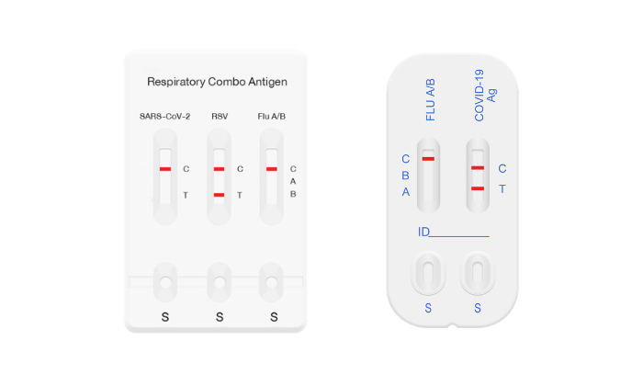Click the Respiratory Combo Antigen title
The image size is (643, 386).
[217, 82]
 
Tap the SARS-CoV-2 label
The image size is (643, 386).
[164, 117]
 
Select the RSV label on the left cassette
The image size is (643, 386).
[220, 117]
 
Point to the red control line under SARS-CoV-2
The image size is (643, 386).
[165, 169]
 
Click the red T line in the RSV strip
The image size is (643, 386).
[219, 195]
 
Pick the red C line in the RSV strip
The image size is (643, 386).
[219, 169]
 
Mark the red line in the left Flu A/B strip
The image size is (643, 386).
[272, 169]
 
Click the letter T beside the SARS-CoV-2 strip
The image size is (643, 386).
[186, 195]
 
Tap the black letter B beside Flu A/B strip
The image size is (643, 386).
[293, 194]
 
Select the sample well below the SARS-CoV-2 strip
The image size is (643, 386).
[165, 283]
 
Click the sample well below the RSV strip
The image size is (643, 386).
[220, 283]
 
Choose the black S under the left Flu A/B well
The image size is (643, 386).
[274, 317]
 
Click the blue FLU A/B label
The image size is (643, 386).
[430, 100]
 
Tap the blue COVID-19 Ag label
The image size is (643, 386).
[485, 96]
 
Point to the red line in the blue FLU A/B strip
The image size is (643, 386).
[428, 159]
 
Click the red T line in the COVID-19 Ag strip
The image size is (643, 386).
[478, 188]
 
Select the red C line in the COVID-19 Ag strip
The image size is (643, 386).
[478, 168]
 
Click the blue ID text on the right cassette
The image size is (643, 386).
[423, 233]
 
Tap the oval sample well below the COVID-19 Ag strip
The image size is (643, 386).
[478, 273]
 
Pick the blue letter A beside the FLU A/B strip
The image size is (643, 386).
[406, 192]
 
